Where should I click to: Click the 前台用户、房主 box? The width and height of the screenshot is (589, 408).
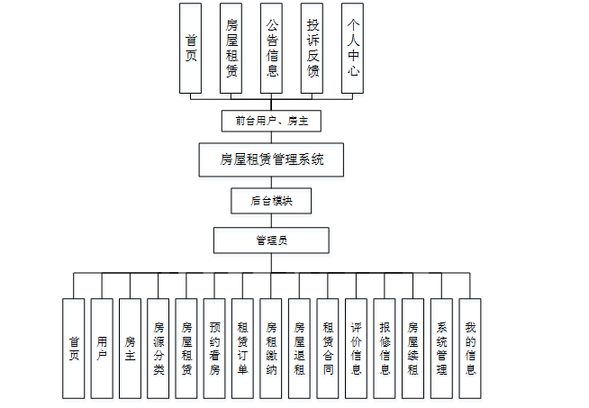point(271,120)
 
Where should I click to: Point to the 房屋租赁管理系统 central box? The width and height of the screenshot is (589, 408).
point(271,161)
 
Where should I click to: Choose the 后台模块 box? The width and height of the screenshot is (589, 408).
point(271,201)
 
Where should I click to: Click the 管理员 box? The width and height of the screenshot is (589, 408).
point(271,240)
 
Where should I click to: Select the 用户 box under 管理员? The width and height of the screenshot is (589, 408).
point(102,349)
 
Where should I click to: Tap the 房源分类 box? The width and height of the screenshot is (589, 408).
point(159,349)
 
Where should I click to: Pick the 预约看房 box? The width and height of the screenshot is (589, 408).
point(214,349)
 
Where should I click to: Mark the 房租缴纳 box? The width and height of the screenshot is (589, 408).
point(271,349)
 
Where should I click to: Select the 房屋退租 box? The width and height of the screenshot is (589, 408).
point(300,349)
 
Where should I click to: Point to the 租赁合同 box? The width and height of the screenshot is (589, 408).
point(328,349)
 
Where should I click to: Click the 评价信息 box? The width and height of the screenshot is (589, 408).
point(357,349)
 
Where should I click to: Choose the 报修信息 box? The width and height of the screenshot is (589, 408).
point(385,349)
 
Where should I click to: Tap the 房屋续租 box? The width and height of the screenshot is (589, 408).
point(413,349)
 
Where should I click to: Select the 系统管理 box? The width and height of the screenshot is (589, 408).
point(441,349)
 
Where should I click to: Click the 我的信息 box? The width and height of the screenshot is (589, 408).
point(469,349)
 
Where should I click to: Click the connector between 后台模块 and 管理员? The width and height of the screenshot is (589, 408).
point(271,221)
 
